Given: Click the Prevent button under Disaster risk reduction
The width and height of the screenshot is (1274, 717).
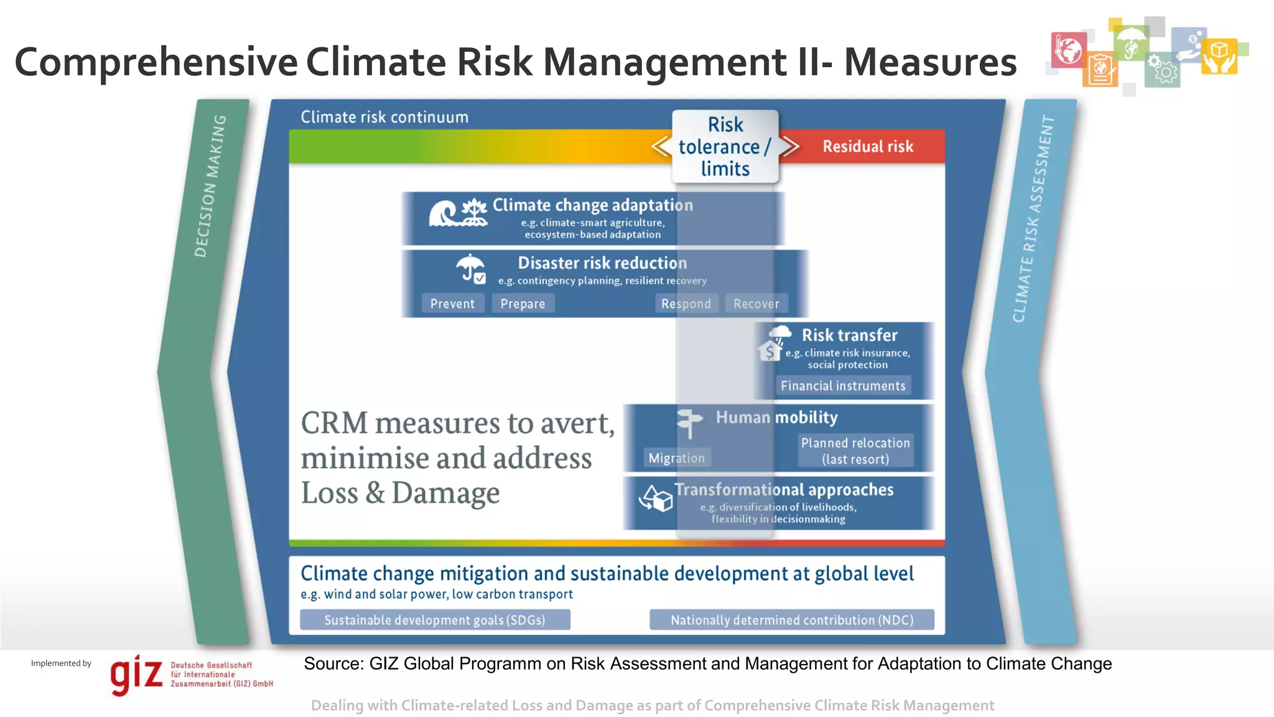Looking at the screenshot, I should coord(452,304).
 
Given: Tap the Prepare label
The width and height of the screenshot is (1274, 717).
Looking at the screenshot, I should coord(523,304).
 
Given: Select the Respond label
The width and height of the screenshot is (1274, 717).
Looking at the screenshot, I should coord(686,304).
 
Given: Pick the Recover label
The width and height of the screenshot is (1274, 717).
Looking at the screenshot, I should coord(756,304).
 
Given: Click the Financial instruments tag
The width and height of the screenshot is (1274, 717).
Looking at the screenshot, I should coord(843,386).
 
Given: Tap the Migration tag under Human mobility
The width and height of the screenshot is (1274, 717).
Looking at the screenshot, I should coord(676,458).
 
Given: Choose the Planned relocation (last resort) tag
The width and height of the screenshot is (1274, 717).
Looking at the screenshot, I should coord(855,451).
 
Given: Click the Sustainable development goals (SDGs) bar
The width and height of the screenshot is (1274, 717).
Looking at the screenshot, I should coord(435,620).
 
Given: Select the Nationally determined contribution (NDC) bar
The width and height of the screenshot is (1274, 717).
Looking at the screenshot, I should coord(791,620).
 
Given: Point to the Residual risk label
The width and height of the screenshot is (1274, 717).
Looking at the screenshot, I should coord(868,146).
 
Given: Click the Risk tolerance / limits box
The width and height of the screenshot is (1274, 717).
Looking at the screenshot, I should coord(725,146).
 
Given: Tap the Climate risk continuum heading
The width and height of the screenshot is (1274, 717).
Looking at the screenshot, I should coord(384,117).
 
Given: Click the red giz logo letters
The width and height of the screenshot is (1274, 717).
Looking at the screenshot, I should coord(136,675).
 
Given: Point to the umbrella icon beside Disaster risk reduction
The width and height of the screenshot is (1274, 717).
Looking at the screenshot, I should coord(471,269).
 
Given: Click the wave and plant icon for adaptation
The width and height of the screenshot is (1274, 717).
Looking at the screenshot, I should coord(458,213).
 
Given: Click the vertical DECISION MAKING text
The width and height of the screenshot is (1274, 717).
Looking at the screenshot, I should coord(210,185).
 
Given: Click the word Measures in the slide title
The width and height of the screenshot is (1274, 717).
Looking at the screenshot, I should coord(930,62).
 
